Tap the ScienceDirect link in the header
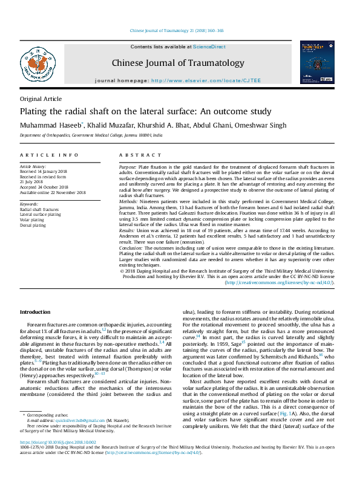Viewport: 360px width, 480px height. [209, 47]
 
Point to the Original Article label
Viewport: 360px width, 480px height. [41, 99]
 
